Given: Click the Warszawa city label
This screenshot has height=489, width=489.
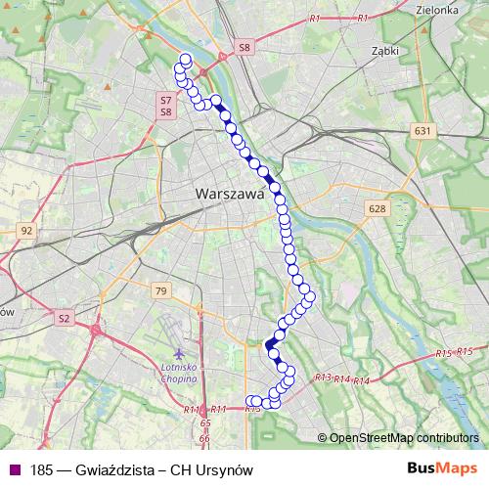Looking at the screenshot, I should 231,194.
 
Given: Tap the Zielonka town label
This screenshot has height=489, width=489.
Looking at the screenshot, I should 437,9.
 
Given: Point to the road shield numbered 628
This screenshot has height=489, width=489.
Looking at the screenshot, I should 378,208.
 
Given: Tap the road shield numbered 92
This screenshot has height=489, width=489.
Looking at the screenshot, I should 26,231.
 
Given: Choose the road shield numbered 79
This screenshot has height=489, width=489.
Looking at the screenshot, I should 161,290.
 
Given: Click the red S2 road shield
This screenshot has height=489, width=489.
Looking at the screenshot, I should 64,318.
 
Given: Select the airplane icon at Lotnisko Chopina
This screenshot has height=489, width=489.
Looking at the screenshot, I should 177,351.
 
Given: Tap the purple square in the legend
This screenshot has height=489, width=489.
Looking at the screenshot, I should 13,470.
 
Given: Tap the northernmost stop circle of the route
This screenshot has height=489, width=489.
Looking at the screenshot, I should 186,60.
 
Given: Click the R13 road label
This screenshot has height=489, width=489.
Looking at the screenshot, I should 324,377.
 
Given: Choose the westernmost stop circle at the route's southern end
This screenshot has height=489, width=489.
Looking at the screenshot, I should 249,401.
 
